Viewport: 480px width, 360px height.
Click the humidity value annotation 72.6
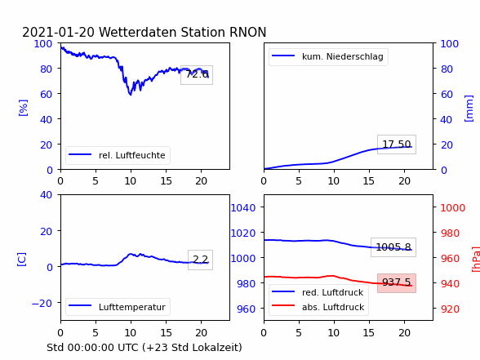point(197,74)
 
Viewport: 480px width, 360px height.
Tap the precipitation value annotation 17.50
point(397,144)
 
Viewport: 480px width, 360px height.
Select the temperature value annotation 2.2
point(201,260)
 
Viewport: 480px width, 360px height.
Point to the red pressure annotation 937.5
point(397,282)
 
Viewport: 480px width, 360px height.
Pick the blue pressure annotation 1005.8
point(393,247)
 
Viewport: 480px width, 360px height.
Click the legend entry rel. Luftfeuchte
point(118,155)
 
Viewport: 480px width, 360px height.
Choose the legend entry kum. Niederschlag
point(328,56)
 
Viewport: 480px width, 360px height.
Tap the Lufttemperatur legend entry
point(118,307)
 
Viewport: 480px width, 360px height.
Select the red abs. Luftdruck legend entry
point(318,307)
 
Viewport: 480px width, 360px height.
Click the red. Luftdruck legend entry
point(318,292)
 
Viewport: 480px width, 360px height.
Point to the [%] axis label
point(23,108)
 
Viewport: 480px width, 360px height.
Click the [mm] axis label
point(469,109)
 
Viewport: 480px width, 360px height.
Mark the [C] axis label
point(21,260)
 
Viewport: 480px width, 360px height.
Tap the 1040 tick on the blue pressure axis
point(243,208)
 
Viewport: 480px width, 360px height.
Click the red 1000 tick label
point(453,208)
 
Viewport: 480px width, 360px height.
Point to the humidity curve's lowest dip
point(131,95)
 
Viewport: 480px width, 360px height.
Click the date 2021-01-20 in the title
point(58,32)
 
